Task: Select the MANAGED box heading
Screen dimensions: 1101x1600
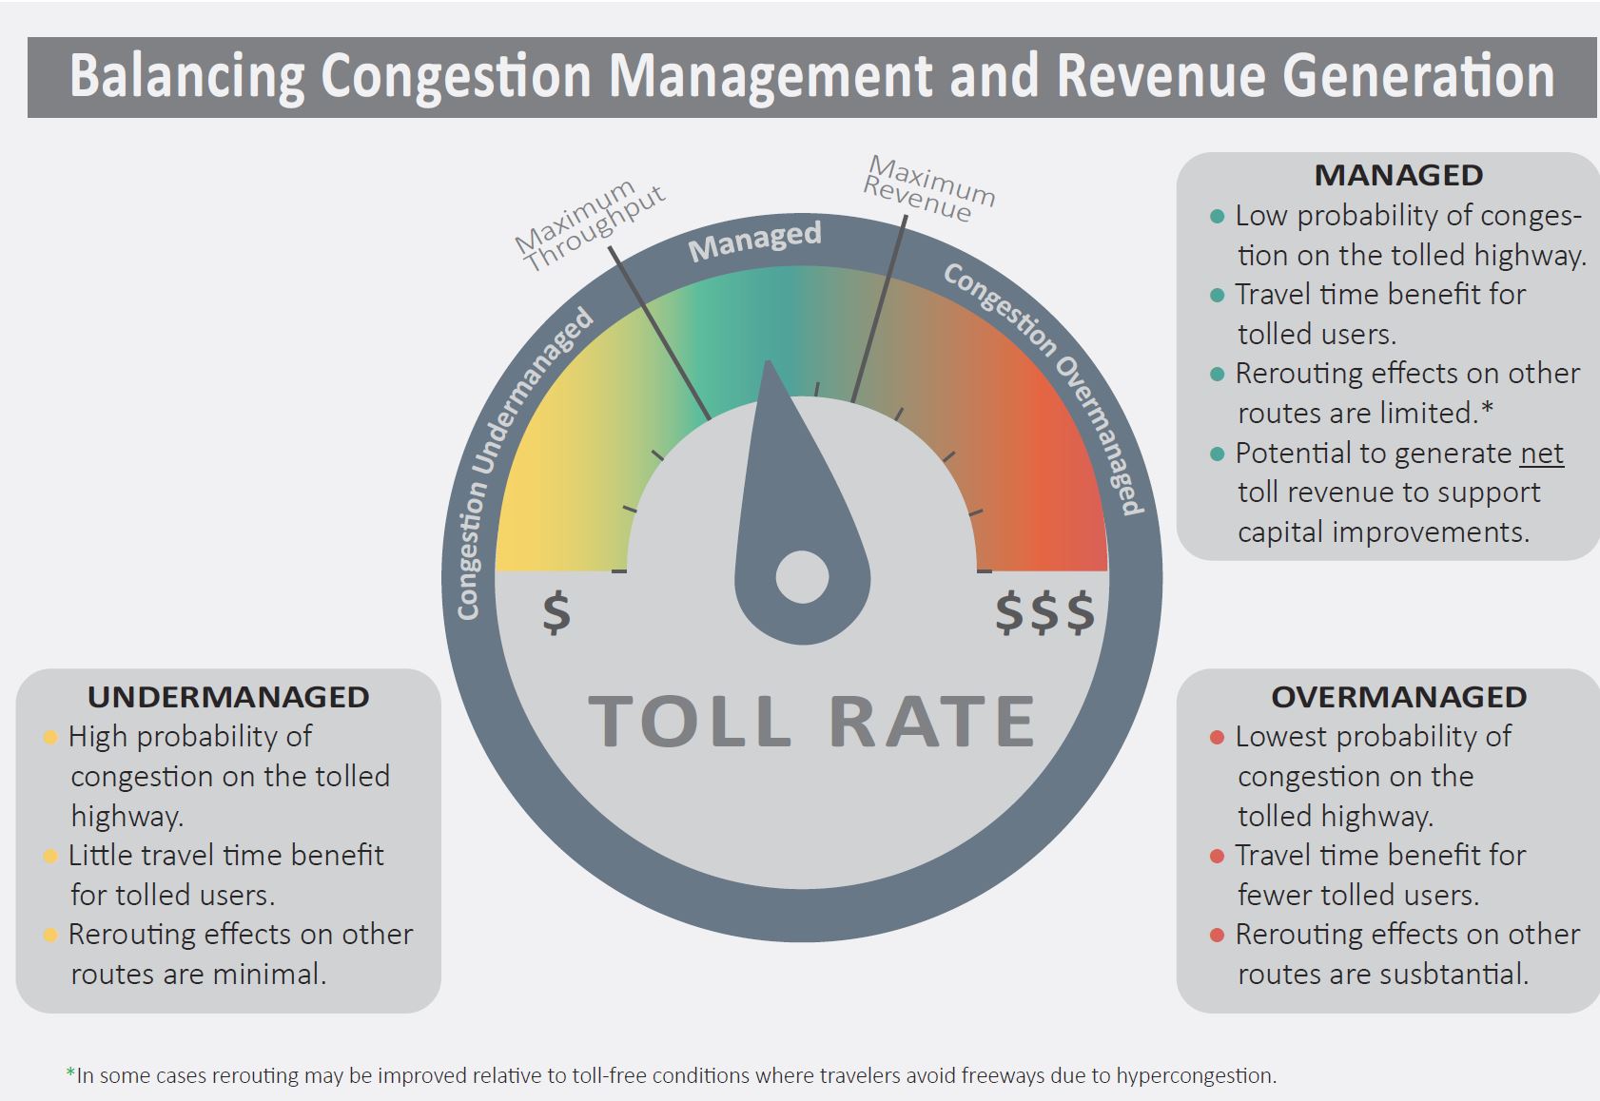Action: point(1397,176)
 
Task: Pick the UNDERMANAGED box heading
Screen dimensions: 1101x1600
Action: point(228,697)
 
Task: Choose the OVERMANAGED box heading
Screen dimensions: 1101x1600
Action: point(1397,697)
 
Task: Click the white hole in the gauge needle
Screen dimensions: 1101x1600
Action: point(802,577)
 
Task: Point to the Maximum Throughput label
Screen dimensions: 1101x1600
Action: point(591,224)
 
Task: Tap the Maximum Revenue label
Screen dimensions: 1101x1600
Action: point(928,189)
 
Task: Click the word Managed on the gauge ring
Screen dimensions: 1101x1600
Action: point(754,241)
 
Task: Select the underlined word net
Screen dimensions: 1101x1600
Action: point(1541,454)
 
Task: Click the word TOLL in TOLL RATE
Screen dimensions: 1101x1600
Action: point(690,721)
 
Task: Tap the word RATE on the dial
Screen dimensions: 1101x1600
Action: point(931,721)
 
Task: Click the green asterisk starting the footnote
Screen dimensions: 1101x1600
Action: point(70,1073)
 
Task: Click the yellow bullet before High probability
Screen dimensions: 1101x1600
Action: point(50,737)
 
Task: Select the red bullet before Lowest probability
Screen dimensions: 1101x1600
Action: point(1216,737)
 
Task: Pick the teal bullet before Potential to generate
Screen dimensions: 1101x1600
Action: point(1216,454)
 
